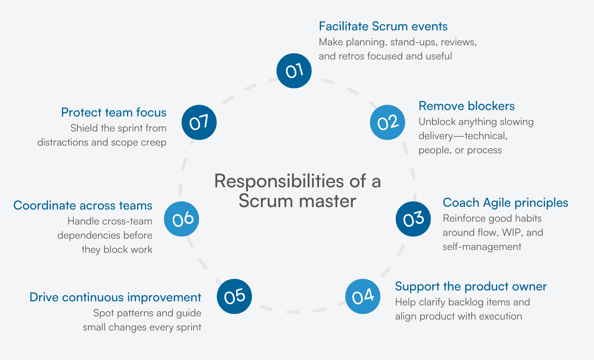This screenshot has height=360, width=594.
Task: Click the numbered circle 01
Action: (x=294, y=71)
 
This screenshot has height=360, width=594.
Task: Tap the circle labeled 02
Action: (x=387, y=122)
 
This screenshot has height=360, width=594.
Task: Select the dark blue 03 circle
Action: (x=413, y=219)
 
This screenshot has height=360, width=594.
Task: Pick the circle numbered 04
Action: (x=363, y=296)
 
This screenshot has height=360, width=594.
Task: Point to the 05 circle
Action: (x=235, y=296)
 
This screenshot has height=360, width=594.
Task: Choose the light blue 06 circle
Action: (x=182, y=219)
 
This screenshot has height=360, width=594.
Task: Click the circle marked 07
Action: (x=199, y=122)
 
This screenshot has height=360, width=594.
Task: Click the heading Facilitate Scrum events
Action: (x=383, y=26)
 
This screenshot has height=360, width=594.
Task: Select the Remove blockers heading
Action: (x=467, y=106)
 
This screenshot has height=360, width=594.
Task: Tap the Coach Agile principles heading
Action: (x=505, y=203)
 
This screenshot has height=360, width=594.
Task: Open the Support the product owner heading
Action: (x=471, y=286)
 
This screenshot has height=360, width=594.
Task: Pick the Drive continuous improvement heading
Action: (x=115, y=297)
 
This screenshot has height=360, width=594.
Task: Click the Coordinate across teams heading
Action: (x=83, y=205)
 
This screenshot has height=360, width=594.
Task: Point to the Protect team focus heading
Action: (x=114, y=112)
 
